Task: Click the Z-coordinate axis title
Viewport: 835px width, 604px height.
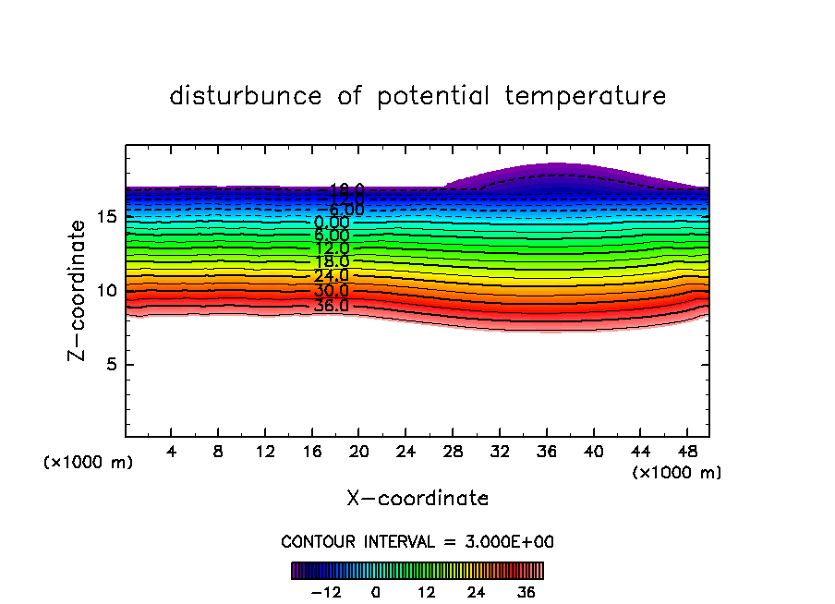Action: pos(80,290)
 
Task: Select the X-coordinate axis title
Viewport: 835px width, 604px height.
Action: pos(417,499)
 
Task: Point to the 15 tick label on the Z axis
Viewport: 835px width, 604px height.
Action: pos(105,217)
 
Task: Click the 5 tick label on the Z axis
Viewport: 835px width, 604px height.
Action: pos(111,364)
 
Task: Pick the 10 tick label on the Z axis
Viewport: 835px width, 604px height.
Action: pos(105,291)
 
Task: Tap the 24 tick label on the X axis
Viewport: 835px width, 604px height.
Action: pos(405,453)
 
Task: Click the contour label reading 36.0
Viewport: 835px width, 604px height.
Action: pos(331,306)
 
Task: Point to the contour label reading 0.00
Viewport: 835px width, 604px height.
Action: pos(332,223)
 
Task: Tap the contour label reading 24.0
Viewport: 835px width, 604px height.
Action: pos(331,276)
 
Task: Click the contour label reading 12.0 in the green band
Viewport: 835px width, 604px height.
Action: pos(331,248)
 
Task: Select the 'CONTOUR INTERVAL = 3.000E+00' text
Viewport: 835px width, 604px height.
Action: pos(417,542)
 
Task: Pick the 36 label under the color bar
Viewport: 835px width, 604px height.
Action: pos(526,592)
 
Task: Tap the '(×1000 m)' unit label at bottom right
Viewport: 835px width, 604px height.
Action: pos(677,473)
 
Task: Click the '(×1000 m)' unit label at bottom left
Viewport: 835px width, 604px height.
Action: pos(89,463)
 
